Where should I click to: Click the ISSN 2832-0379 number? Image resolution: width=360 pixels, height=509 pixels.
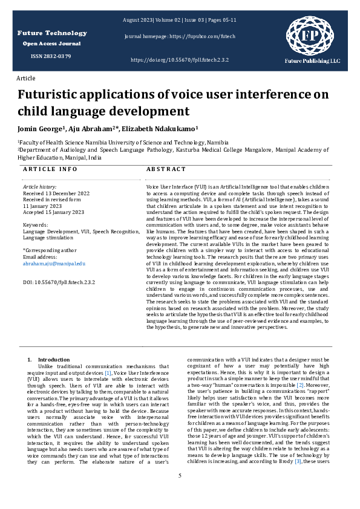click(51, 56)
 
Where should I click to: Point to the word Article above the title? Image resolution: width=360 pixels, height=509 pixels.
click(26, 79)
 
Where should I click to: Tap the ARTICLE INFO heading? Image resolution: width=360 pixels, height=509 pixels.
click(50, 170)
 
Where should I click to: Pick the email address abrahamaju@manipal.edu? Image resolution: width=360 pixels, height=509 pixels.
click(54, 264)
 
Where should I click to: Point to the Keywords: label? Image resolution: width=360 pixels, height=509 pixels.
click(35, 225)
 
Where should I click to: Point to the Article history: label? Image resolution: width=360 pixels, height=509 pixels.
click(39, 187)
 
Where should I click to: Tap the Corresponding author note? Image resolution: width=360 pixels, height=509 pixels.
click(50, 250)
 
